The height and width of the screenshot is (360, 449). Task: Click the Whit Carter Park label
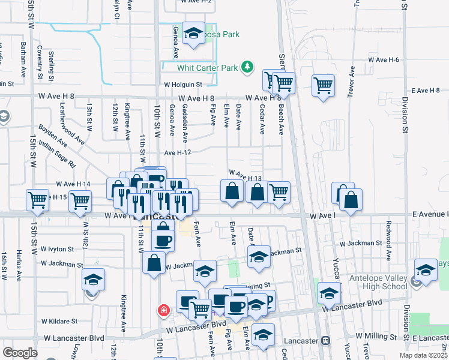208,68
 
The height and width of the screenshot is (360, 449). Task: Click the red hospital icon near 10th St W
163,310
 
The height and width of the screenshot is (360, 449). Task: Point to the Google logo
19,353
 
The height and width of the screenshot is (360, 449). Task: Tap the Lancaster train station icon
325,340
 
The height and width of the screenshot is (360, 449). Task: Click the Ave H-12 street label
177,153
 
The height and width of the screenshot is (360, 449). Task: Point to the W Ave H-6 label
384,60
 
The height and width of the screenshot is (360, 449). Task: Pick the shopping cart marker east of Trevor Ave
323,86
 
